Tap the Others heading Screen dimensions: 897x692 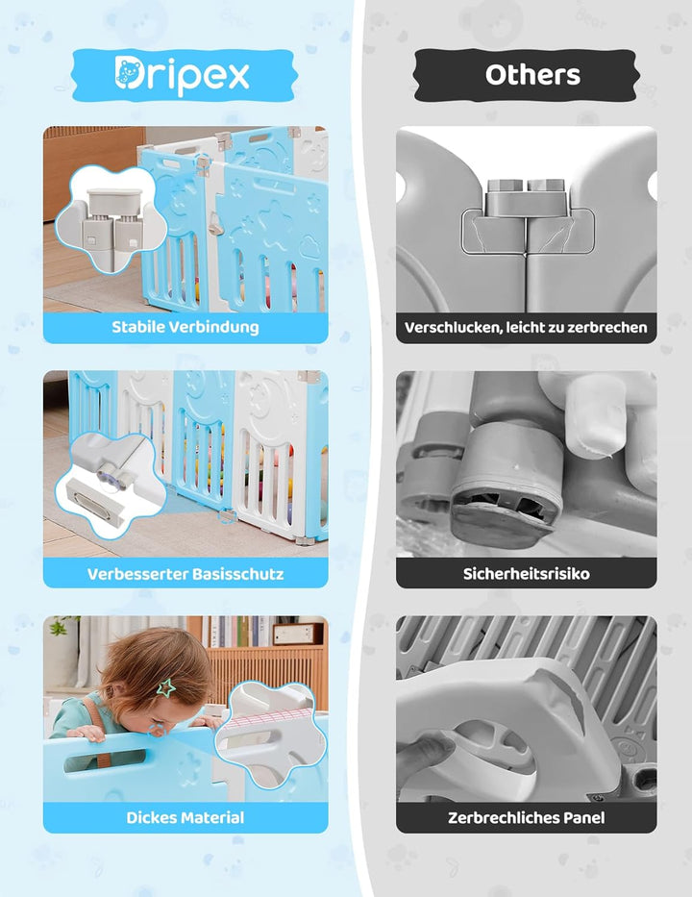point(532,75)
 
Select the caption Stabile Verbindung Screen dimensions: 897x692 point(185,327)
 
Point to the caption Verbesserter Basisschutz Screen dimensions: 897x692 point(185,574)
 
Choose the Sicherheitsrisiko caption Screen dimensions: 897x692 point(526,574)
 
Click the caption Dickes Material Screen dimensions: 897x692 point(185,818)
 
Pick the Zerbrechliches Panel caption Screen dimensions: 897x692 point(526,818)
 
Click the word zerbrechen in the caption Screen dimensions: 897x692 point(612,328)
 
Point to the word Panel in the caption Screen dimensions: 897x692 point(582,818)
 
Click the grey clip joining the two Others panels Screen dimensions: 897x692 point(526,207)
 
